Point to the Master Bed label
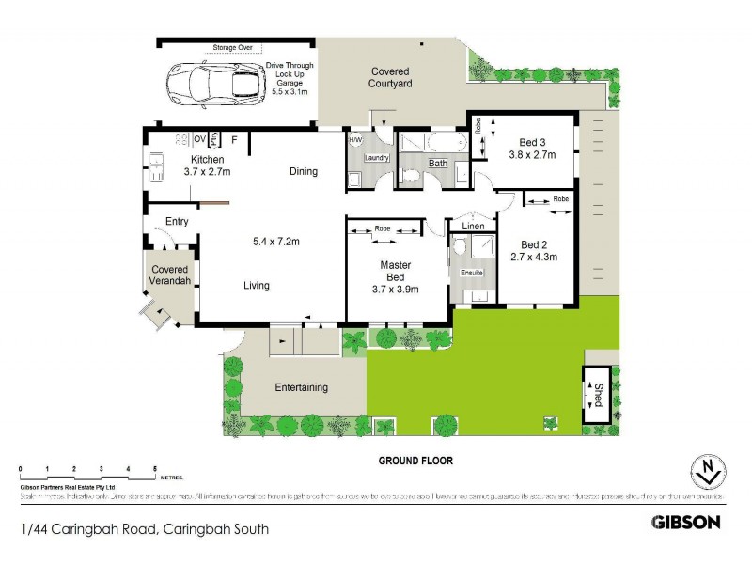click(396, 271)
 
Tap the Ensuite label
click(471, 273)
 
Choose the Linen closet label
click(473, 227)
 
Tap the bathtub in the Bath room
click(442, 144)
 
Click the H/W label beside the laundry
click(354, 140)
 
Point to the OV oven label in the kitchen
click(199, 139)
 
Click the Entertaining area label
click(301, 387)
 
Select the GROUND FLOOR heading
click(415, 462)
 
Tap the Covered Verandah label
click(170, 275)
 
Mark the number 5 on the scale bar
click(155, 468)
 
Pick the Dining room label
click(304, 171)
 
